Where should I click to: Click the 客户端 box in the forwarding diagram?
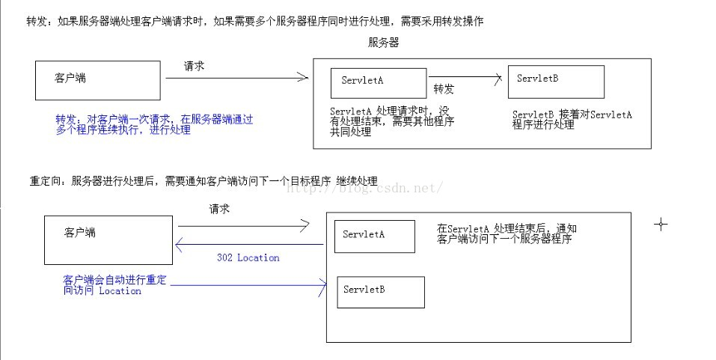tap(98, 80)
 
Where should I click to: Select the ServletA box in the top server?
tap(379, 82)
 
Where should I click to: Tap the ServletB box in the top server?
tap(556, 82)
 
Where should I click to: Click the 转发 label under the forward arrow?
tap(444, 89)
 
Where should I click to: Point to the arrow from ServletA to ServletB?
tap(464, 76)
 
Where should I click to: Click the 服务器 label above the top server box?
tap(383, 43)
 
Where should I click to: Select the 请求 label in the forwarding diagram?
tap(195, 67)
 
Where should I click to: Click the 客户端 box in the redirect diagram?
tap(108, 240)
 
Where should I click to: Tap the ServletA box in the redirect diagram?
tap(374, 237)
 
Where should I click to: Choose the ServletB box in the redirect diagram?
tap(381, 292)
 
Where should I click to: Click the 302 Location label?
tap(248, 257)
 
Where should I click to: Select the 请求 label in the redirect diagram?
tap(219, 210)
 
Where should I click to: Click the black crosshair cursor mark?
tap(661, 224)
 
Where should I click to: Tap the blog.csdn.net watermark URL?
tap(367, 189)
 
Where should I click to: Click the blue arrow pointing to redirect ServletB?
tap(247, 283)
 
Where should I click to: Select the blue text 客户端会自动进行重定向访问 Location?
tap(115, 285)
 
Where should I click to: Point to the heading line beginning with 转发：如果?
tap(254, 21)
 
